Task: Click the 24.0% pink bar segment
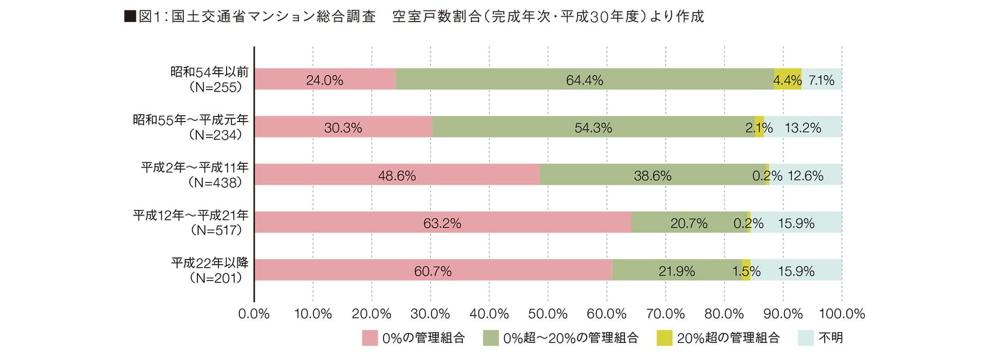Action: [325, 79]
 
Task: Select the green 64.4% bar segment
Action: [585, 79]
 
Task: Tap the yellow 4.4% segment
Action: [788, 79]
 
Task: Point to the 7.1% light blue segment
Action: [822, 79]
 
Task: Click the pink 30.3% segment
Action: [343, 127]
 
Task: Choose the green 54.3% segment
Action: [593, 127]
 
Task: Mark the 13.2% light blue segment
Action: [803, 127]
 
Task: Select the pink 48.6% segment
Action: [397, 175]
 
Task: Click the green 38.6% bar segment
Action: [653, 175]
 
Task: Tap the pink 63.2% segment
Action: [442, 222]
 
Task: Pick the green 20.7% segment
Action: [689, 222]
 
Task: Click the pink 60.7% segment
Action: [433, 270]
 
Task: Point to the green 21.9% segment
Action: [677, 270]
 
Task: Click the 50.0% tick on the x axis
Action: [548, 314]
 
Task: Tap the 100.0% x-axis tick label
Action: [842, 314]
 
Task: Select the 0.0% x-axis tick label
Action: [254, 314]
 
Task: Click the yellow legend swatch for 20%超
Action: [664, 338]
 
